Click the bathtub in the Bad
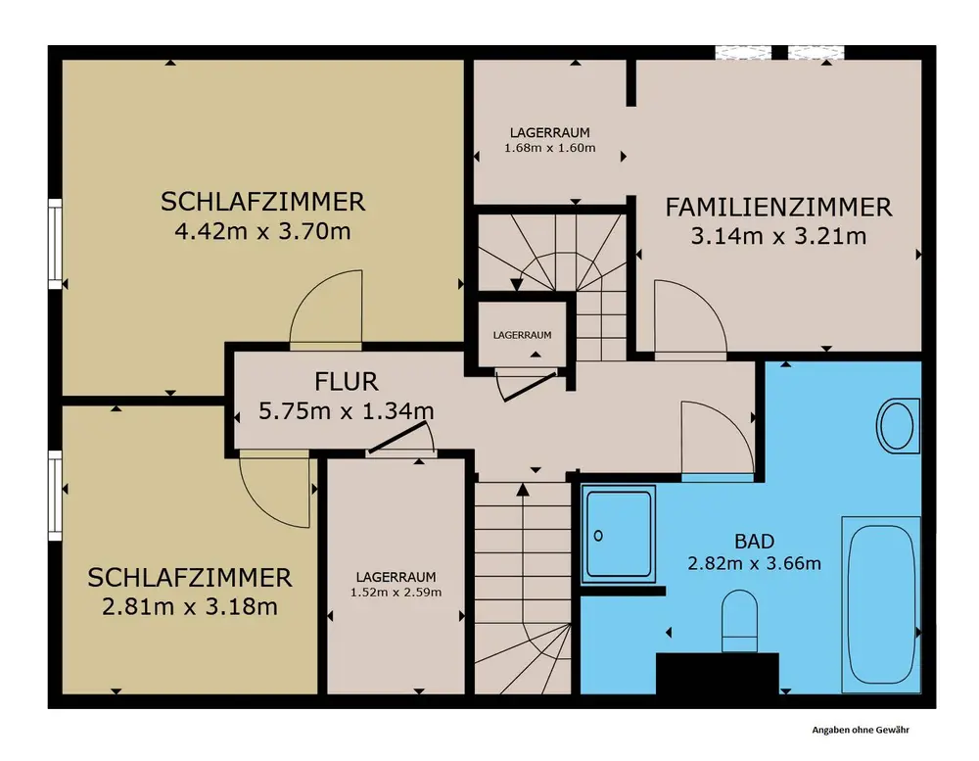[881, 604]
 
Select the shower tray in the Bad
[618, 534]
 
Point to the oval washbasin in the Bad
[898, 426]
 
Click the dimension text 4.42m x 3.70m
[262, 232]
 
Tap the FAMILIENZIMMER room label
[778, 208]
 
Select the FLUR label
[346, 381]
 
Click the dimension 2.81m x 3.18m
[190, 606]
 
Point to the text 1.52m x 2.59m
[396, 593]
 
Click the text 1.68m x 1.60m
[549, 148]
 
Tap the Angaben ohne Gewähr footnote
[861, 730]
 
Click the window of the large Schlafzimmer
[56, 244]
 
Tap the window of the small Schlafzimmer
[56, 496]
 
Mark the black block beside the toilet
[718, 674]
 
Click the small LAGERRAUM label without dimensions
[522, 335]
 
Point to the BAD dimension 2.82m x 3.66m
[754, 563]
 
